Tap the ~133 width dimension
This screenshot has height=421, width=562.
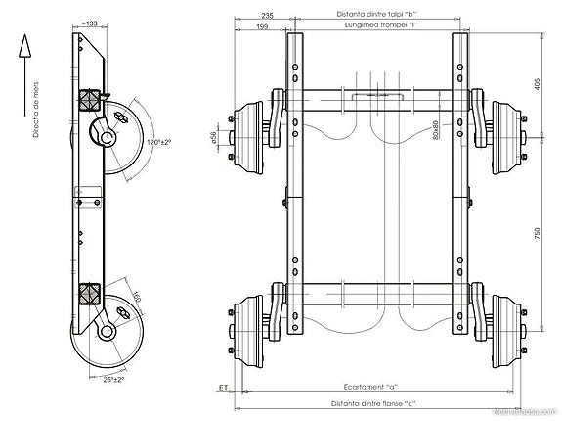pyautogui.click(x=91, y=22)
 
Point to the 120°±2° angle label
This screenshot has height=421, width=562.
pyautogui.click(x=158, y=143)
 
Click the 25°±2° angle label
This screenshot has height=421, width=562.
pyautogui.click(x=114, y=379)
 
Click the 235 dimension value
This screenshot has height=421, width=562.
pyautogui.click(x=268, y=16)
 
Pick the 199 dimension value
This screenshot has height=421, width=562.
pyautogui.click(x=261, y=26)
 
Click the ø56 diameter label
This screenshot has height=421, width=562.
pyautogui.click(x=212, y=136)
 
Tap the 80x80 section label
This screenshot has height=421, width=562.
pyautogui.click(x=436, y=128)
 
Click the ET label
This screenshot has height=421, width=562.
pyautogui.click(x=224, y=388)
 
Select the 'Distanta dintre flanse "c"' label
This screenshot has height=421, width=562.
pyautogui.click(x=370, y=403)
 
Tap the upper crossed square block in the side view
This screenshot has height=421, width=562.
pyautogui.click(x=91, y=99)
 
